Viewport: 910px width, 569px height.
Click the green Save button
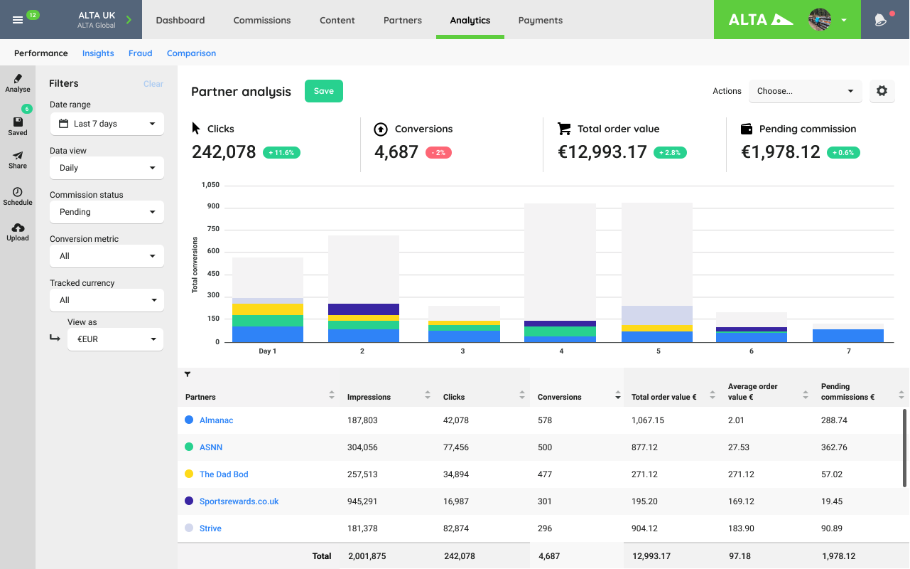323,91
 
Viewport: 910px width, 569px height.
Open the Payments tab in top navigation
540,20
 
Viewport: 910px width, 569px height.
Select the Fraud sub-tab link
140,53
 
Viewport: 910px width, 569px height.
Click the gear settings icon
882,91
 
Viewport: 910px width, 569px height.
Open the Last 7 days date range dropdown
107,124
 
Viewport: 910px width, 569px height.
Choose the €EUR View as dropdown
115,339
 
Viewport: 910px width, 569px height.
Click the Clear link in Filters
153,84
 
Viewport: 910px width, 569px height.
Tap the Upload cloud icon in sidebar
18,228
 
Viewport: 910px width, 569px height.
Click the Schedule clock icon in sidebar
18,193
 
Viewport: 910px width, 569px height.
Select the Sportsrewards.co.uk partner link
239,501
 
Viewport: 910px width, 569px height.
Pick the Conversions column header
560,397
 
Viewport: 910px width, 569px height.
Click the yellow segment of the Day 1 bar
267,309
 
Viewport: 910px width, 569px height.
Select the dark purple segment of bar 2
363,309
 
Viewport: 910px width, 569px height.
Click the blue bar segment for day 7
847,336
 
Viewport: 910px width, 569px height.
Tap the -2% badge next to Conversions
438,152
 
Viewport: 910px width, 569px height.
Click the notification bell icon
880,20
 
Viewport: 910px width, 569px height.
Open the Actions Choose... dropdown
805,91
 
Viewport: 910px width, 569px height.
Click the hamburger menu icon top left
18,20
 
